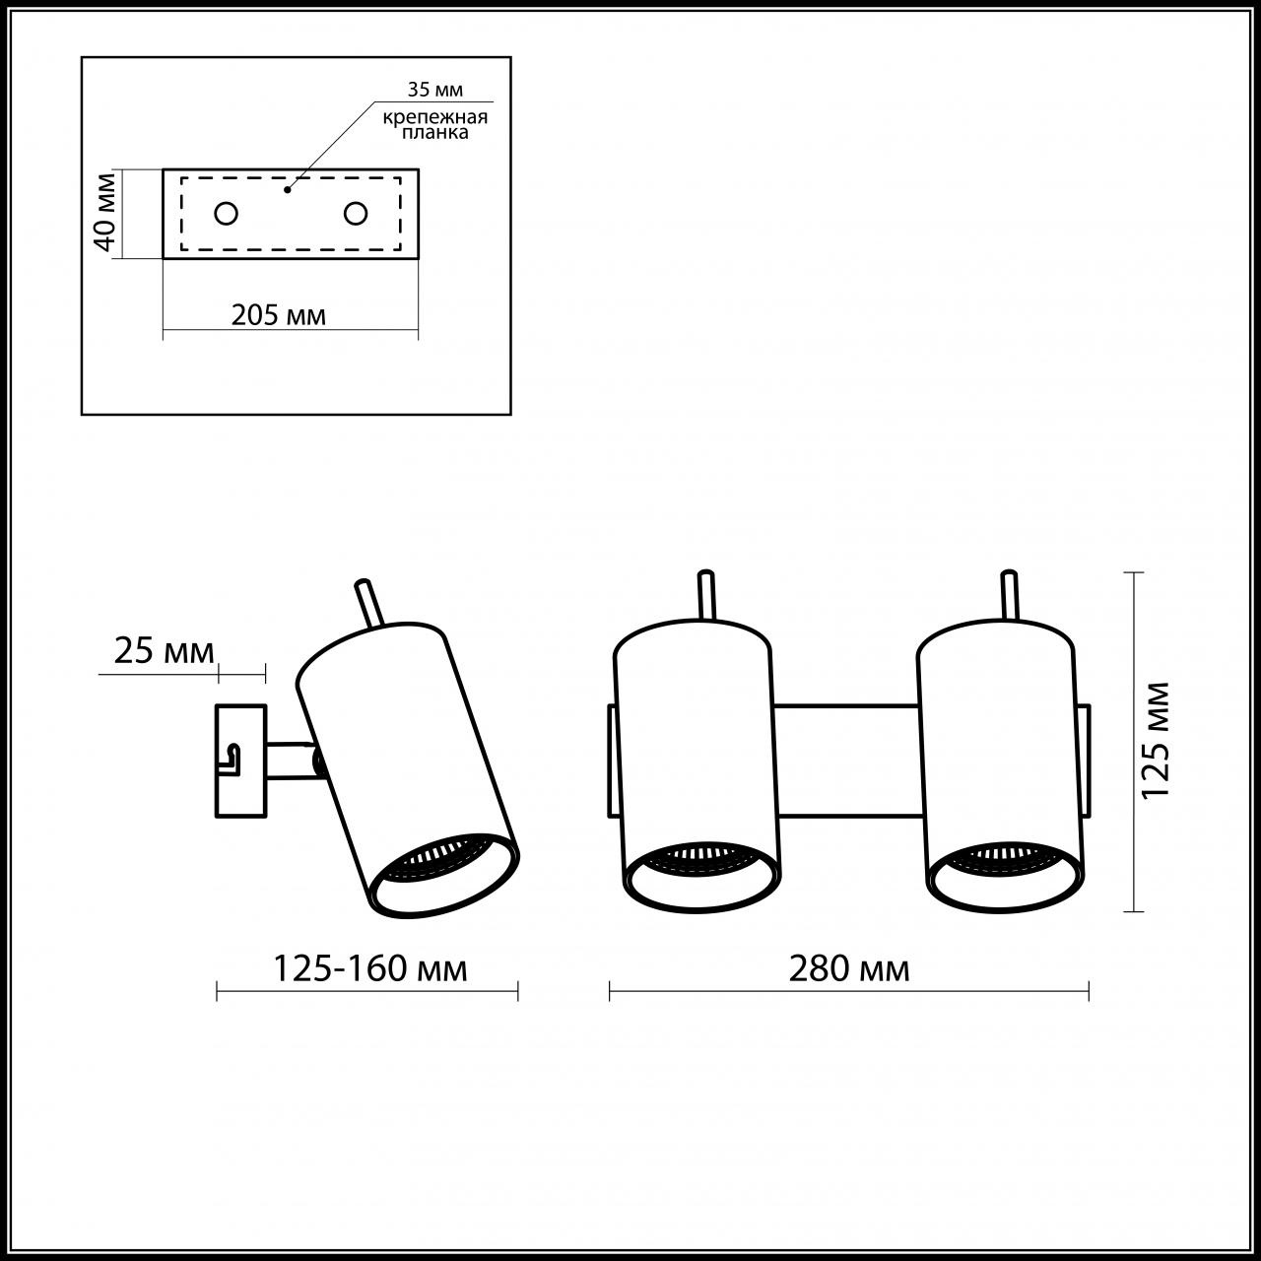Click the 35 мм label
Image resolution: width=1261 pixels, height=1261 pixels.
pos(434,89)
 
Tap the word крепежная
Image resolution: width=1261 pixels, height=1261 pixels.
pos(435,118)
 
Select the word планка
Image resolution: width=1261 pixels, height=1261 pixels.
pos(435,133)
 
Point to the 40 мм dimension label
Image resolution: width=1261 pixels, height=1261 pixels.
pos(104,212)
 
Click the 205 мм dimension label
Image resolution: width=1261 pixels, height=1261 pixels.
pos(278,315)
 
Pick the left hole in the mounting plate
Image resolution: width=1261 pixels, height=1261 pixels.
pos(226,214)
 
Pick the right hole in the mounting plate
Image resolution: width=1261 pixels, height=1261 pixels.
pos(356,214)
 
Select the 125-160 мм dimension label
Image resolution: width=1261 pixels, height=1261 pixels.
pos(369,968)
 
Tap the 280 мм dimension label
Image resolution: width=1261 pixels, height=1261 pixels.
pos(849,968)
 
